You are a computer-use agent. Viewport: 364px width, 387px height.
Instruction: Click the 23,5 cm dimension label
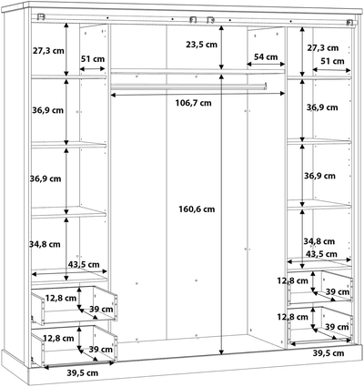pyautogui.click(x=202, y=45)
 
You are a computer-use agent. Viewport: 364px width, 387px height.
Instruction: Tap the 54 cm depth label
pyautogui.click(x=266, y=56)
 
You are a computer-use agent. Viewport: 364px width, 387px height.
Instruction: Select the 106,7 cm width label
pyautogui.click(x=194, y=103)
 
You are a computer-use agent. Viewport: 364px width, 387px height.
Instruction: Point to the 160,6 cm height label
pyautogui.click(x=197, y=209)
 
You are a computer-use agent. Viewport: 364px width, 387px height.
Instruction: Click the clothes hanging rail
pyautogui.click(x=188, y=87)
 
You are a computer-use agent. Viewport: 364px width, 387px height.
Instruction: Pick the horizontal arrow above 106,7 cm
pyautogui.click(x=197, y=95)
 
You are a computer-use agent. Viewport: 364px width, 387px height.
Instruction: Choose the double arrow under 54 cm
pyautogui.click(x=266, y=64)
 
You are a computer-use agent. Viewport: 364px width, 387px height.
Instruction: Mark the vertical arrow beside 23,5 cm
pyautogui.click(x=221, y=48)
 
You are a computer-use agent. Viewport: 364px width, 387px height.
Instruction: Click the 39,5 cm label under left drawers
pyautogui.click(x=83, y=372)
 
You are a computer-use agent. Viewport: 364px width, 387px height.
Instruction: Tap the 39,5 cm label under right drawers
pyautogui.click(x=329, y=353)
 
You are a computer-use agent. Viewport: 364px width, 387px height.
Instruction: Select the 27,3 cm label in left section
pyautogui.click(x=48, y=51)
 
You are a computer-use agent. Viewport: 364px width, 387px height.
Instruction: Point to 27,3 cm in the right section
pyautogui.click(x=322, y=48)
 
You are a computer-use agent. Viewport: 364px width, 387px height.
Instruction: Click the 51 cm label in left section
pyautogui.click(x=93, y=59)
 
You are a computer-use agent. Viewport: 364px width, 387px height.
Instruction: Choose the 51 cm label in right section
pyautogui.click(x=333, y=61)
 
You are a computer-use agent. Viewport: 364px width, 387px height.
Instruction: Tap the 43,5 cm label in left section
pyautogui.click(x=84, y=265)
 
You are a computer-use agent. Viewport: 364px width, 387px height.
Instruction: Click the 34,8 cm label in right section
pyautogui.click(x=319, y=241)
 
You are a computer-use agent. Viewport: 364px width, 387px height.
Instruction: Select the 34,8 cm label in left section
pyautogui.click(x=45, y=244)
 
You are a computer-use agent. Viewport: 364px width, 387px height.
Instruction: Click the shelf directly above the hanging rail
pyautogui.click(x=197, y=72)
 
